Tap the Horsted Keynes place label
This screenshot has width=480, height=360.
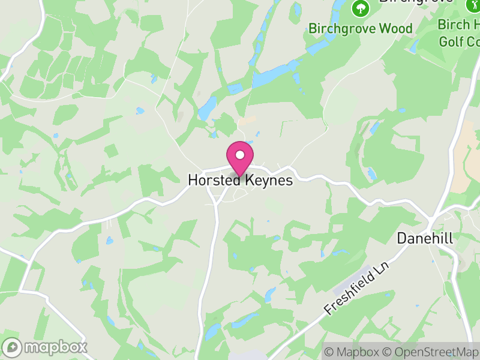click(240, 180)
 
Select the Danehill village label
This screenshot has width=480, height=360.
click(425, 238)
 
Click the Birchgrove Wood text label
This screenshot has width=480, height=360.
click(361, 28)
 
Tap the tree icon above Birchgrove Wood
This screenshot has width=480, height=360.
click(360, 8)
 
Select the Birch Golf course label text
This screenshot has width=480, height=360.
click(459, 33)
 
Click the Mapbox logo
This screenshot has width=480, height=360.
click(46, 347)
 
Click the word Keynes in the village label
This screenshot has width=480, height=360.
click(267, 180)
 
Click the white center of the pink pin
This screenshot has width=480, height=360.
click(240, 155)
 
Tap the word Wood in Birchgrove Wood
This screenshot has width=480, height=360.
click(397, 28)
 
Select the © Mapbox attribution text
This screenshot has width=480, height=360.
click(353, 352)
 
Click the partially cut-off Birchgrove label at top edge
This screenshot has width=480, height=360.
click(415, 2)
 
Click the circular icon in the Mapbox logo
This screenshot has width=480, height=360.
click(12, 347)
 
